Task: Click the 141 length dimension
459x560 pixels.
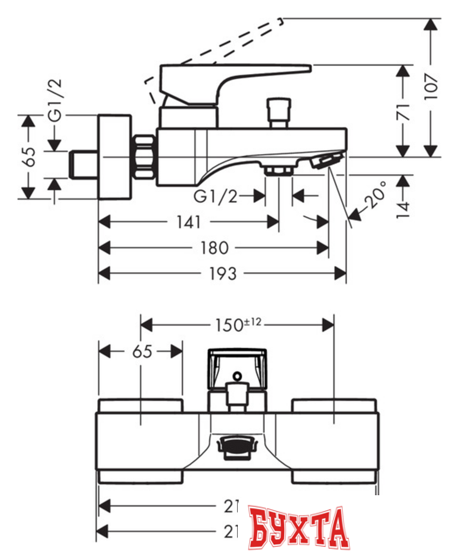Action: pos(186,223)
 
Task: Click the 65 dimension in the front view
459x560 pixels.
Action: pos(142,352)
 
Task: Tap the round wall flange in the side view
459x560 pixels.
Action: pos(113,153)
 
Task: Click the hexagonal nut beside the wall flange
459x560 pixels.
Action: pos(143,153)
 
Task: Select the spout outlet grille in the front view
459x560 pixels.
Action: pos(235,446)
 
